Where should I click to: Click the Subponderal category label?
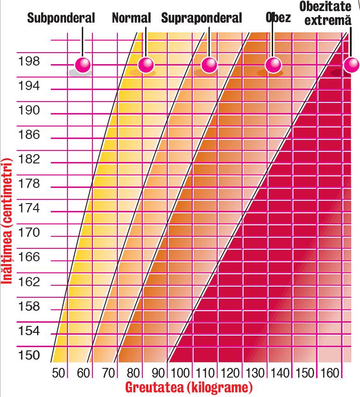(61, 18)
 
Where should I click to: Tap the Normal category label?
(131, 18)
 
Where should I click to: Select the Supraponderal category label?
(201, 18)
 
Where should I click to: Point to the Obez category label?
(279, 18)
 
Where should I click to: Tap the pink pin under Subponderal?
(84, 64)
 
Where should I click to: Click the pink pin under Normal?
(146, 64)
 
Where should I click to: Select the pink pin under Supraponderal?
(209, 64)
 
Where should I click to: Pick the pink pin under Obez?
(273, 64)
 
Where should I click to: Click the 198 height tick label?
(29, 61)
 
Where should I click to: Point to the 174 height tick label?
(29, 208)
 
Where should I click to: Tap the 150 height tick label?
(29, 355)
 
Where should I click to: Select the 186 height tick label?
(29, 135)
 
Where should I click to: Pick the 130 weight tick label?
(256, 373)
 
